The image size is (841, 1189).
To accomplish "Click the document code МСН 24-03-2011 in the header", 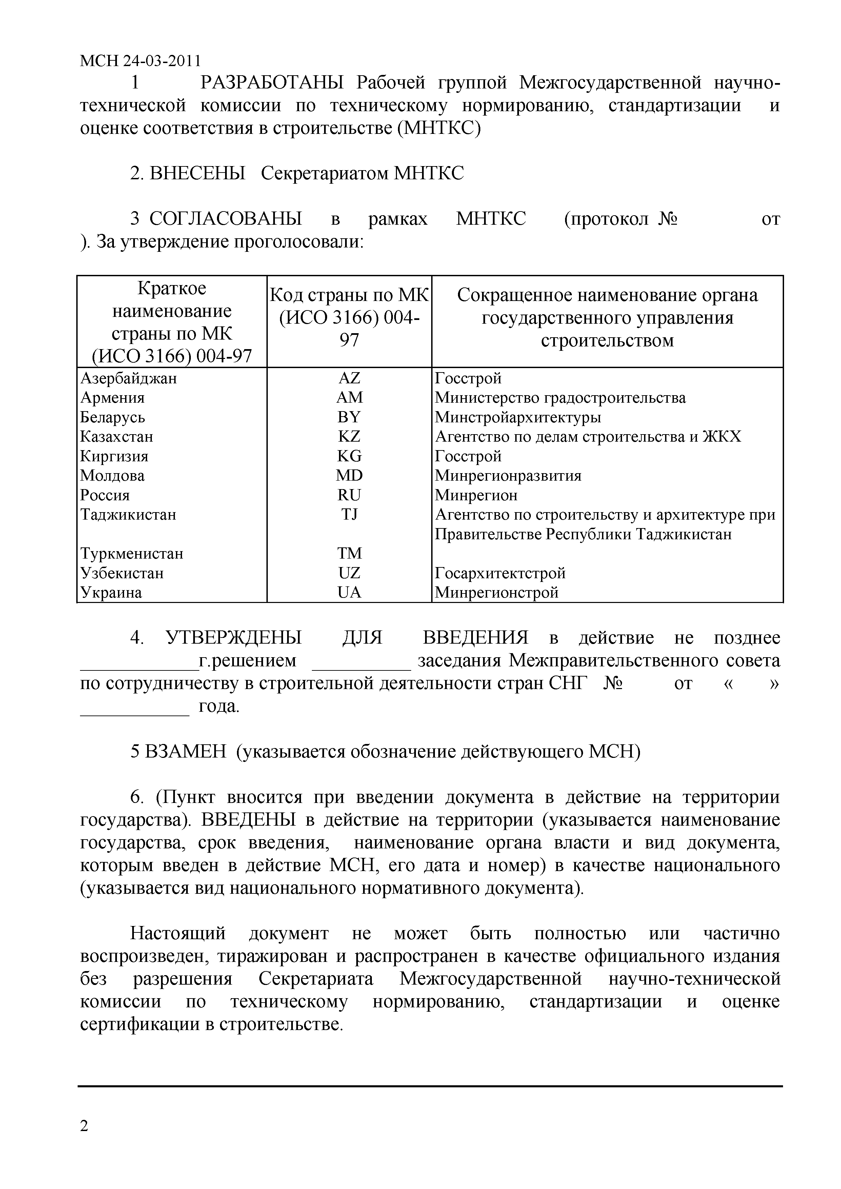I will [x=140, y=61].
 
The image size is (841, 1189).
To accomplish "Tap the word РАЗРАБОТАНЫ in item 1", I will [x=272, y=83].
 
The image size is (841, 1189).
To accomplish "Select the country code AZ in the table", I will [x=349, y=378].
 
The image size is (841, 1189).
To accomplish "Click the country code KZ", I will [x=349, y=437].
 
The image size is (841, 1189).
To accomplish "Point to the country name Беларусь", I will [x=113, y=417].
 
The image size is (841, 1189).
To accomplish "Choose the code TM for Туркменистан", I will [x=349, y=553].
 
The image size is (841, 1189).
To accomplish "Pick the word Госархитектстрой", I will [x=500, y=573].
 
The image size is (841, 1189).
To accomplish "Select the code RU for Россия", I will [x=349, y=495].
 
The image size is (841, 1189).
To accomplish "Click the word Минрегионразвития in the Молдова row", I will [x=507, y=476].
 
